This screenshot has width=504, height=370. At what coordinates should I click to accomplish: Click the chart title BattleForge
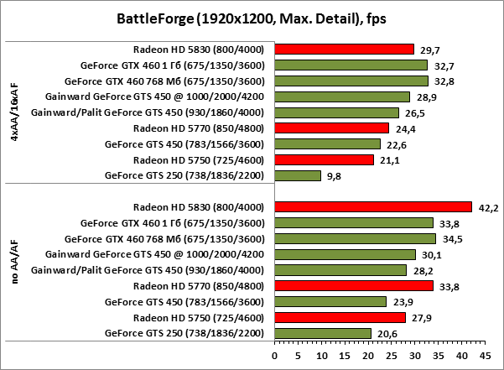click(252, 18)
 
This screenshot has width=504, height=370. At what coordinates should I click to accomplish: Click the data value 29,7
click(431, 49)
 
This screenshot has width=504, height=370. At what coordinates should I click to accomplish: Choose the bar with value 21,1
click(324, 159)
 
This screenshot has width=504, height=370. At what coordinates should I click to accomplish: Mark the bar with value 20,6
click(322, 334)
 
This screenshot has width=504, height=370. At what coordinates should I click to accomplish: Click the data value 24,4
click(406, 128)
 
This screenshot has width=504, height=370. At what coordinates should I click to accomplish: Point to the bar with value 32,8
click(351, 81)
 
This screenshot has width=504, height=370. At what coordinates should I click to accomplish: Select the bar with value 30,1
click(345, 255)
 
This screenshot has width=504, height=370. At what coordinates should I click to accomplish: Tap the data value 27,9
click(423, 318)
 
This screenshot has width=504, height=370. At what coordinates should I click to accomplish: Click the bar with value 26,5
click(336, 112)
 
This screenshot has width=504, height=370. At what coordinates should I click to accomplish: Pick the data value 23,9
click(403, 302)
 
